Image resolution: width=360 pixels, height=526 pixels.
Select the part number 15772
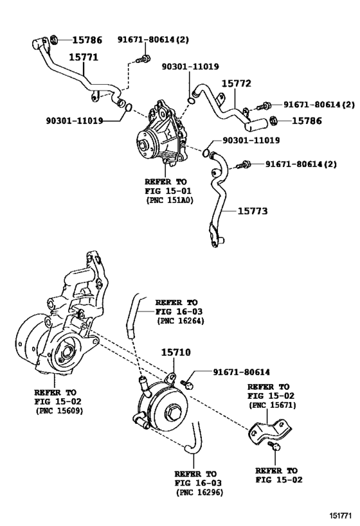click(x=236, y=83)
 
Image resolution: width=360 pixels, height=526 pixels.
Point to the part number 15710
click(x=175, y=353)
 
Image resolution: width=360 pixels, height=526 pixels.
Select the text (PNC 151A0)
click(x=170, y=200)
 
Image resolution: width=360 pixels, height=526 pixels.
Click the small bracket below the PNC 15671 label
click(x=265, y=431)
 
